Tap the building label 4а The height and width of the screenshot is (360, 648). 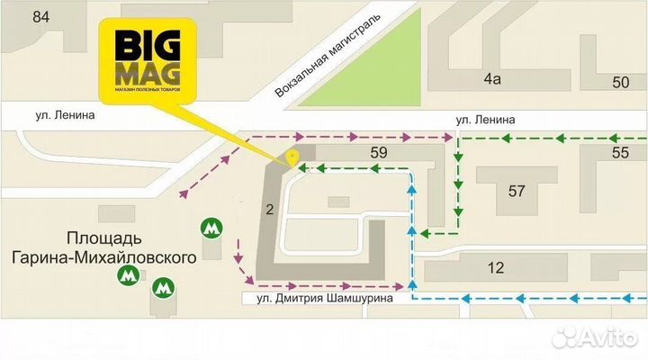pos(491,79)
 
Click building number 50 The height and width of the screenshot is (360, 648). pos(621,83)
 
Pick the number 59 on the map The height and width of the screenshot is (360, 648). pos(379,153)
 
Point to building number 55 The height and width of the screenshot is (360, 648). pos(620,153)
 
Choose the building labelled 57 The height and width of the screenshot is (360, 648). pos(517,190)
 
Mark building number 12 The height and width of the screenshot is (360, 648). pos(496,267)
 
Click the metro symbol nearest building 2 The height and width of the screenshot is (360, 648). pos(211,229)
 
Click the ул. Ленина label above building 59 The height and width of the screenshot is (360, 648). pos(485,119)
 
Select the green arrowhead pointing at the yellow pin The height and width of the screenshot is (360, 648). pos(302,167)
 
